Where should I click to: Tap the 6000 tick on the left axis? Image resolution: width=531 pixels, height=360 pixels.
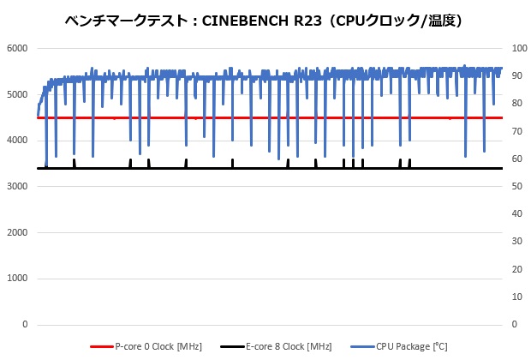(16, 48)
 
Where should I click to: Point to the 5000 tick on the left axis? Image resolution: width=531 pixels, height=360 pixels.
(16, 94)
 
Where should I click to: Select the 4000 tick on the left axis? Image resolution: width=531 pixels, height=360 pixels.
(16, 141)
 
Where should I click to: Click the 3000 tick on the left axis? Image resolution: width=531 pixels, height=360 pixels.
(16, 187)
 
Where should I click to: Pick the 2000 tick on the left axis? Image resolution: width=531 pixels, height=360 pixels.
(16, 233)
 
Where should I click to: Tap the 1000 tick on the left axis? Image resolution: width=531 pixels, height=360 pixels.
(16, 279)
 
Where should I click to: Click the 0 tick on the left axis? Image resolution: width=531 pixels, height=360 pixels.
(25, 325)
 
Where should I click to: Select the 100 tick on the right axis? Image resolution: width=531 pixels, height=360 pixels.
(516, 48)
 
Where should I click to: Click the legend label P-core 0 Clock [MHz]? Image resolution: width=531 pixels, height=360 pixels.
(158, 346)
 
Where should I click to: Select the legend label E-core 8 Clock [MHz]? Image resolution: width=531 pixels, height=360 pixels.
(289, 346)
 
